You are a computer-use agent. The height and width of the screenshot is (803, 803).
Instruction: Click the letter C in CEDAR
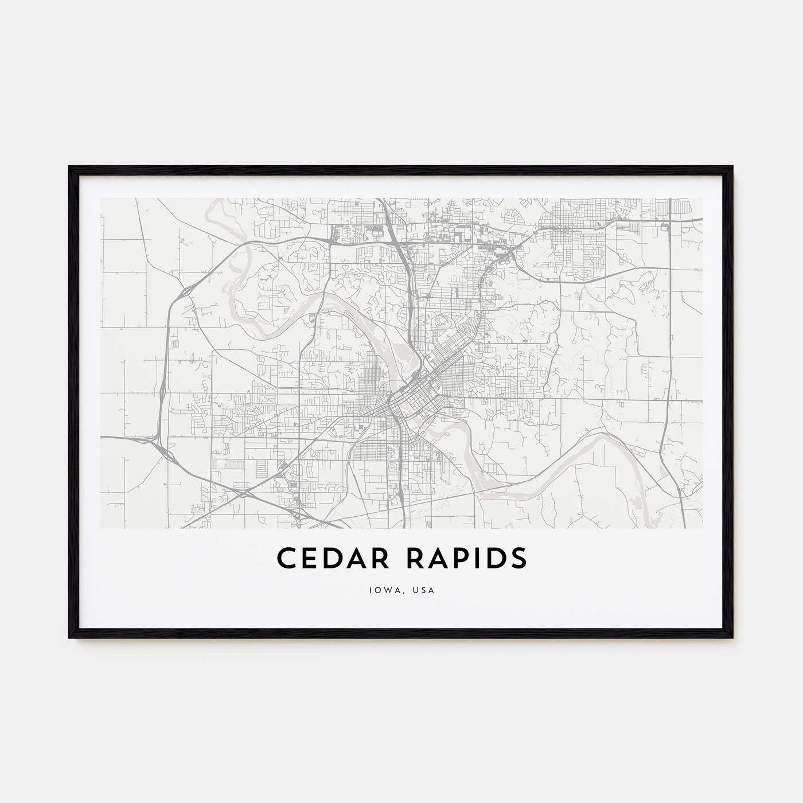(x=287, y=559)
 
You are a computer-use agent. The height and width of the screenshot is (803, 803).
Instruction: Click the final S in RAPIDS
(x=518, y=559)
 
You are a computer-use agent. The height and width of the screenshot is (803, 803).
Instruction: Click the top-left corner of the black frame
(x=69, y=167)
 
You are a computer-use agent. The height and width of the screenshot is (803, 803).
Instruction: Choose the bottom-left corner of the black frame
(x=69, y=637)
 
